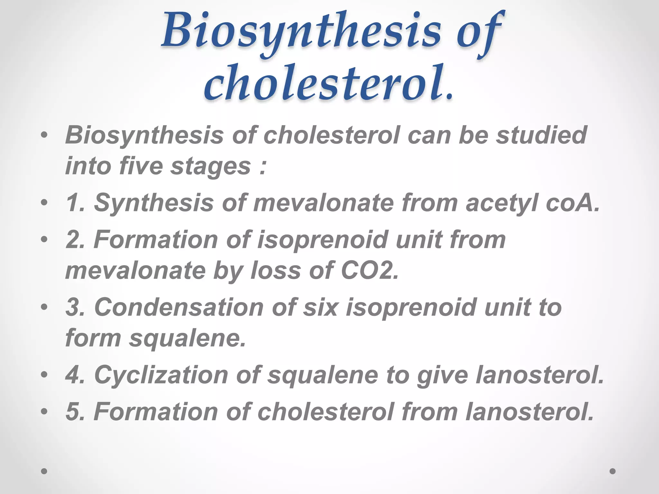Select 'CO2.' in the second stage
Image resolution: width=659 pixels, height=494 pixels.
click(370, 270)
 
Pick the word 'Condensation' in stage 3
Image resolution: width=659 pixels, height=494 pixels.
click(179, 307)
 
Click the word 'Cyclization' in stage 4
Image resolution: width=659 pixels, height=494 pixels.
click(161, 375)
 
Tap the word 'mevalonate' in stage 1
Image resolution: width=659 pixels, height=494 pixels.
click(323, 203)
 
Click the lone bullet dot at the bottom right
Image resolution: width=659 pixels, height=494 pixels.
click(612, 471)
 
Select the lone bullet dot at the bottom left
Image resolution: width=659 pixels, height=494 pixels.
click(44, 471)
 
